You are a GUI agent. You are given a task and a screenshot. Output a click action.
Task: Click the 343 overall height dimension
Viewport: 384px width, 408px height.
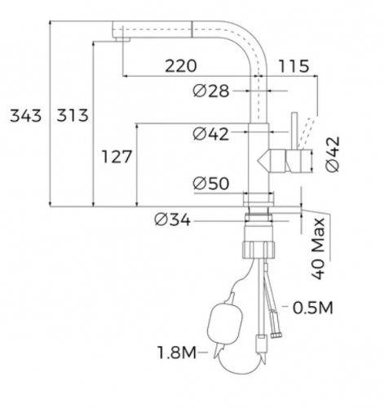click(x=24, y=116)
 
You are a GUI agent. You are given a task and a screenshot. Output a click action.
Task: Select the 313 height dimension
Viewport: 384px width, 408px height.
click(x=71, y=116)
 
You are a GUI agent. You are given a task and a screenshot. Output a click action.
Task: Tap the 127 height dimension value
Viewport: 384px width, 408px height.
click(x=117, y=157)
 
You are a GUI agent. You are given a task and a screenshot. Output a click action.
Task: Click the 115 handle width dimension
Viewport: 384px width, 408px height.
click(x=294, y=66)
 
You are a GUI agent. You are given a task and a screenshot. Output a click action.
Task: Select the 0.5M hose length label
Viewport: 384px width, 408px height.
click(x=311, y=308)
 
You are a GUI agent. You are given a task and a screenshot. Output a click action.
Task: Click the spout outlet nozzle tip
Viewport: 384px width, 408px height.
click(x=122, y=35)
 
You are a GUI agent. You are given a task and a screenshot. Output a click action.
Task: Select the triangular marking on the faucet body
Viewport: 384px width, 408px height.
click(x=266, y=160)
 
